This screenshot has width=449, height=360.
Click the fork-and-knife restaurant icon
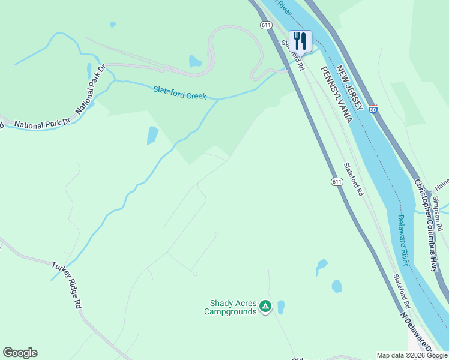click(300, 41)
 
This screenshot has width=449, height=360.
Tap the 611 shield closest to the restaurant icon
click(266, 25)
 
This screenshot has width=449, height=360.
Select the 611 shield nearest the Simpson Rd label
click(337, 181)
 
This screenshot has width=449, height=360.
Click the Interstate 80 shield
click(373, 109)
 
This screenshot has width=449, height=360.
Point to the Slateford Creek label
click(179, 93)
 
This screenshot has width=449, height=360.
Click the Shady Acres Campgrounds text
click(230, 307)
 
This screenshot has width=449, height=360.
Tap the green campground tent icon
click(265, 307)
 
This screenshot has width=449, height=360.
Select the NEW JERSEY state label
click(351, 87)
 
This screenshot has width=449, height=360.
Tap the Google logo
click(20, 353)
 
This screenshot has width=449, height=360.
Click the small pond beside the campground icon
click(281, 307)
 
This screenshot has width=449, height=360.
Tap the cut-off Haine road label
click(442, 181)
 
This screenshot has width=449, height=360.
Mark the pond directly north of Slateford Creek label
click(195, 61)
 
